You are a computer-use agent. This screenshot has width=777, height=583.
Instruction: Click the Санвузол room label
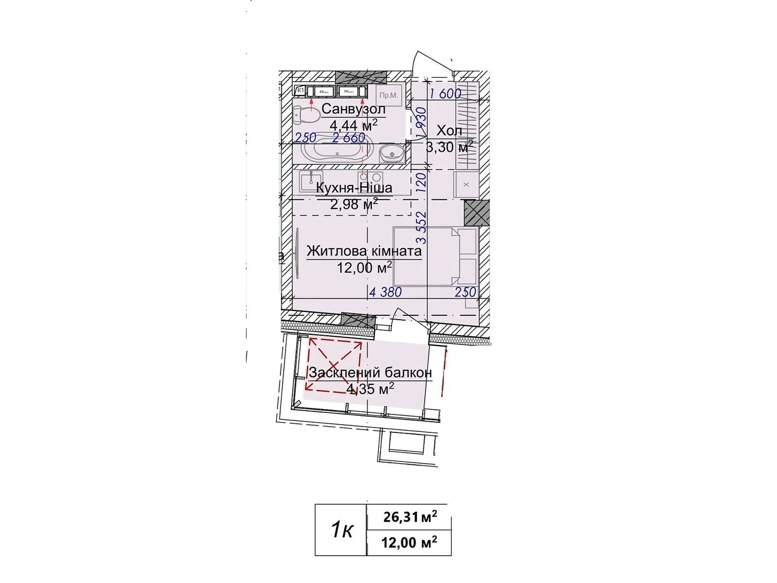pyautogui.click(x=353, y=108)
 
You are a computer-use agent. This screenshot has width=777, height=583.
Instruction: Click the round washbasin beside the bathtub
pyautogui.click(x=391, y=154)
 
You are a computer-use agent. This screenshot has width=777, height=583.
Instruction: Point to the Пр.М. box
pyautogui.click(x=388, y=95)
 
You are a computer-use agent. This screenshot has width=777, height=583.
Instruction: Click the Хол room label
pyautogui.click(x=449, y=130)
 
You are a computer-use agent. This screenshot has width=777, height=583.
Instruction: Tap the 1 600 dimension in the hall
pyautogui.click(x=445, y=93)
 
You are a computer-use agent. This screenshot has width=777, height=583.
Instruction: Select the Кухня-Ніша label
pyautogui.click(x=354, y=188)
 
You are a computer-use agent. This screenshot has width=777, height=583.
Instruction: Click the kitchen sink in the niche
pyautogui.click(x=309, y=182)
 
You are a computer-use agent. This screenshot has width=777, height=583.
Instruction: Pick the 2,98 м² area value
pyautogui.click(x=354, y=205)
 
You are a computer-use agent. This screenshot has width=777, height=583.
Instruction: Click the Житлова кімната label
pyautogui.click(x=364, y=251)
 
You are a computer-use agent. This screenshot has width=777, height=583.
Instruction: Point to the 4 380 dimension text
pyautogui.click(x=386, y=292)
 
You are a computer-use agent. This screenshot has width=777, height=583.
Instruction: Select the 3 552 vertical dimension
pyautogui.click(x=422, y=227)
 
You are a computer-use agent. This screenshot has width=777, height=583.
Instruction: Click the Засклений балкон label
pyautogui.click(x=370, y=373)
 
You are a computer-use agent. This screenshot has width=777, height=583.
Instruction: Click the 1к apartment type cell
pyautogui.click(x=341, y=530)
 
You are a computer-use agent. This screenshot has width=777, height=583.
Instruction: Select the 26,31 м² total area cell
pyautogui.click(x=409, y=517)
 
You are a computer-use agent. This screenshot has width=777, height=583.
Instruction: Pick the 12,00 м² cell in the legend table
pyautogui.click(x=409, y=542)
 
